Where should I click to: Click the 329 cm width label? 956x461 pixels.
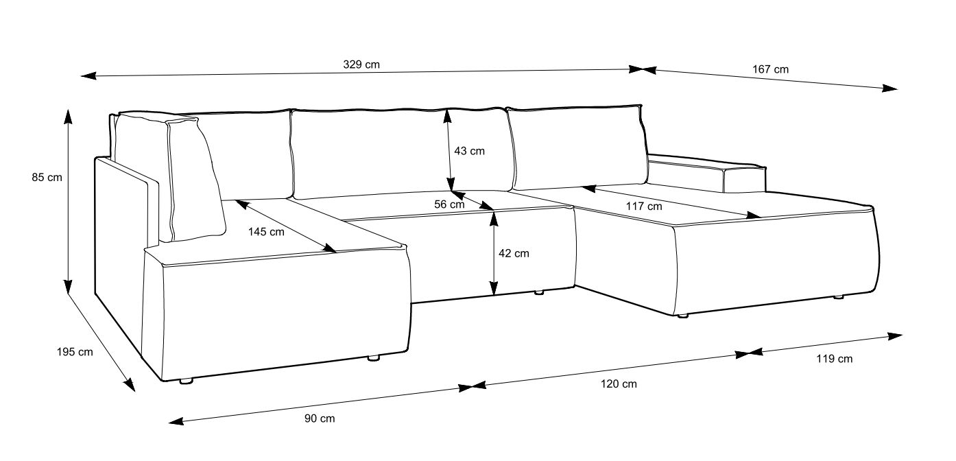click(x=361, y=64)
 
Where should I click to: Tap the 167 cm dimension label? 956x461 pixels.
click(x=771, y=69)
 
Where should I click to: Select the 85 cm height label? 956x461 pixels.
click(x=47, y=178)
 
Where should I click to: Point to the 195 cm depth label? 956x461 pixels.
click(x=75, y=352)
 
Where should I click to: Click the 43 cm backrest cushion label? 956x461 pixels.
click(x=469, y=151)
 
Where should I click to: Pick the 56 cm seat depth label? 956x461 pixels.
click(x=449, y=204)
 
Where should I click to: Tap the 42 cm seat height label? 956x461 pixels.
click(x=514, y=253)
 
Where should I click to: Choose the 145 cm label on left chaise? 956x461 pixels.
click(x=266, y=232)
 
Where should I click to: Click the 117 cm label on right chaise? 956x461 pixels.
click(x=645, y=206)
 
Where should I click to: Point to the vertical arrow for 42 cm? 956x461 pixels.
click(x=494, y=253)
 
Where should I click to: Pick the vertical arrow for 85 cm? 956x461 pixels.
click(x=68, y=199)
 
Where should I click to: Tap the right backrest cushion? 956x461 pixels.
click(x=576, y=147)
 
